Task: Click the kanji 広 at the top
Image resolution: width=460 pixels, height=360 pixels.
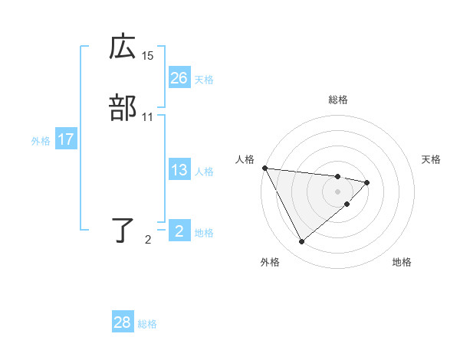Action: (123, 48)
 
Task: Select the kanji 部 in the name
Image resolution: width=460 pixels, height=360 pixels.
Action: (123, 108)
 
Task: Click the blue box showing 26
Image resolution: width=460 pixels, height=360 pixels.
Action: (179, 77)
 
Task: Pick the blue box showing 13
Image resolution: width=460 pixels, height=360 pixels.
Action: (179, 170)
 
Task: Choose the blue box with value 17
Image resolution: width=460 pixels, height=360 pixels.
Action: (66, 139)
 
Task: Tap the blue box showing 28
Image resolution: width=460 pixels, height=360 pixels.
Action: (123, 322)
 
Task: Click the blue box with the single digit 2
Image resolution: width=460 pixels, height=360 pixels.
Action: (179, 231)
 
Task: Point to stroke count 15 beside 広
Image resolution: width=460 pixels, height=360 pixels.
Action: (148, 56)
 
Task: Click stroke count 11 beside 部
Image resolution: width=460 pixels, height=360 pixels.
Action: (148, 117)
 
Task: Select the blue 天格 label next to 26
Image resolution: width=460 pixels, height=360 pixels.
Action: (204, 80)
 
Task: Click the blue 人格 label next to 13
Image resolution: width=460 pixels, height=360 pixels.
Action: (204, 172)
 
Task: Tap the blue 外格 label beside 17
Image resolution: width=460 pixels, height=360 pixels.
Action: (41, 141)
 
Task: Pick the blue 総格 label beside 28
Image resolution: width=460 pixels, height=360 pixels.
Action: (147, 325)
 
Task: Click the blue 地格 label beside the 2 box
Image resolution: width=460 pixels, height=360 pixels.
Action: (204, 233)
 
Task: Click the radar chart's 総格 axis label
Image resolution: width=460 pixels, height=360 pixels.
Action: (338, 100)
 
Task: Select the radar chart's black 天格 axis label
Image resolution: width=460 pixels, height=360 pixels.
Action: (432, 159)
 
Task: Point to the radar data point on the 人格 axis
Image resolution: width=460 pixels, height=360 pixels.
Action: (264, 168)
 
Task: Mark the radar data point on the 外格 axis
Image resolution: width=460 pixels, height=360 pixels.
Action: (301, 242)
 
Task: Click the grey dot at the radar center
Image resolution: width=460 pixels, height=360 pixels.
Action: (338, 191)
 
